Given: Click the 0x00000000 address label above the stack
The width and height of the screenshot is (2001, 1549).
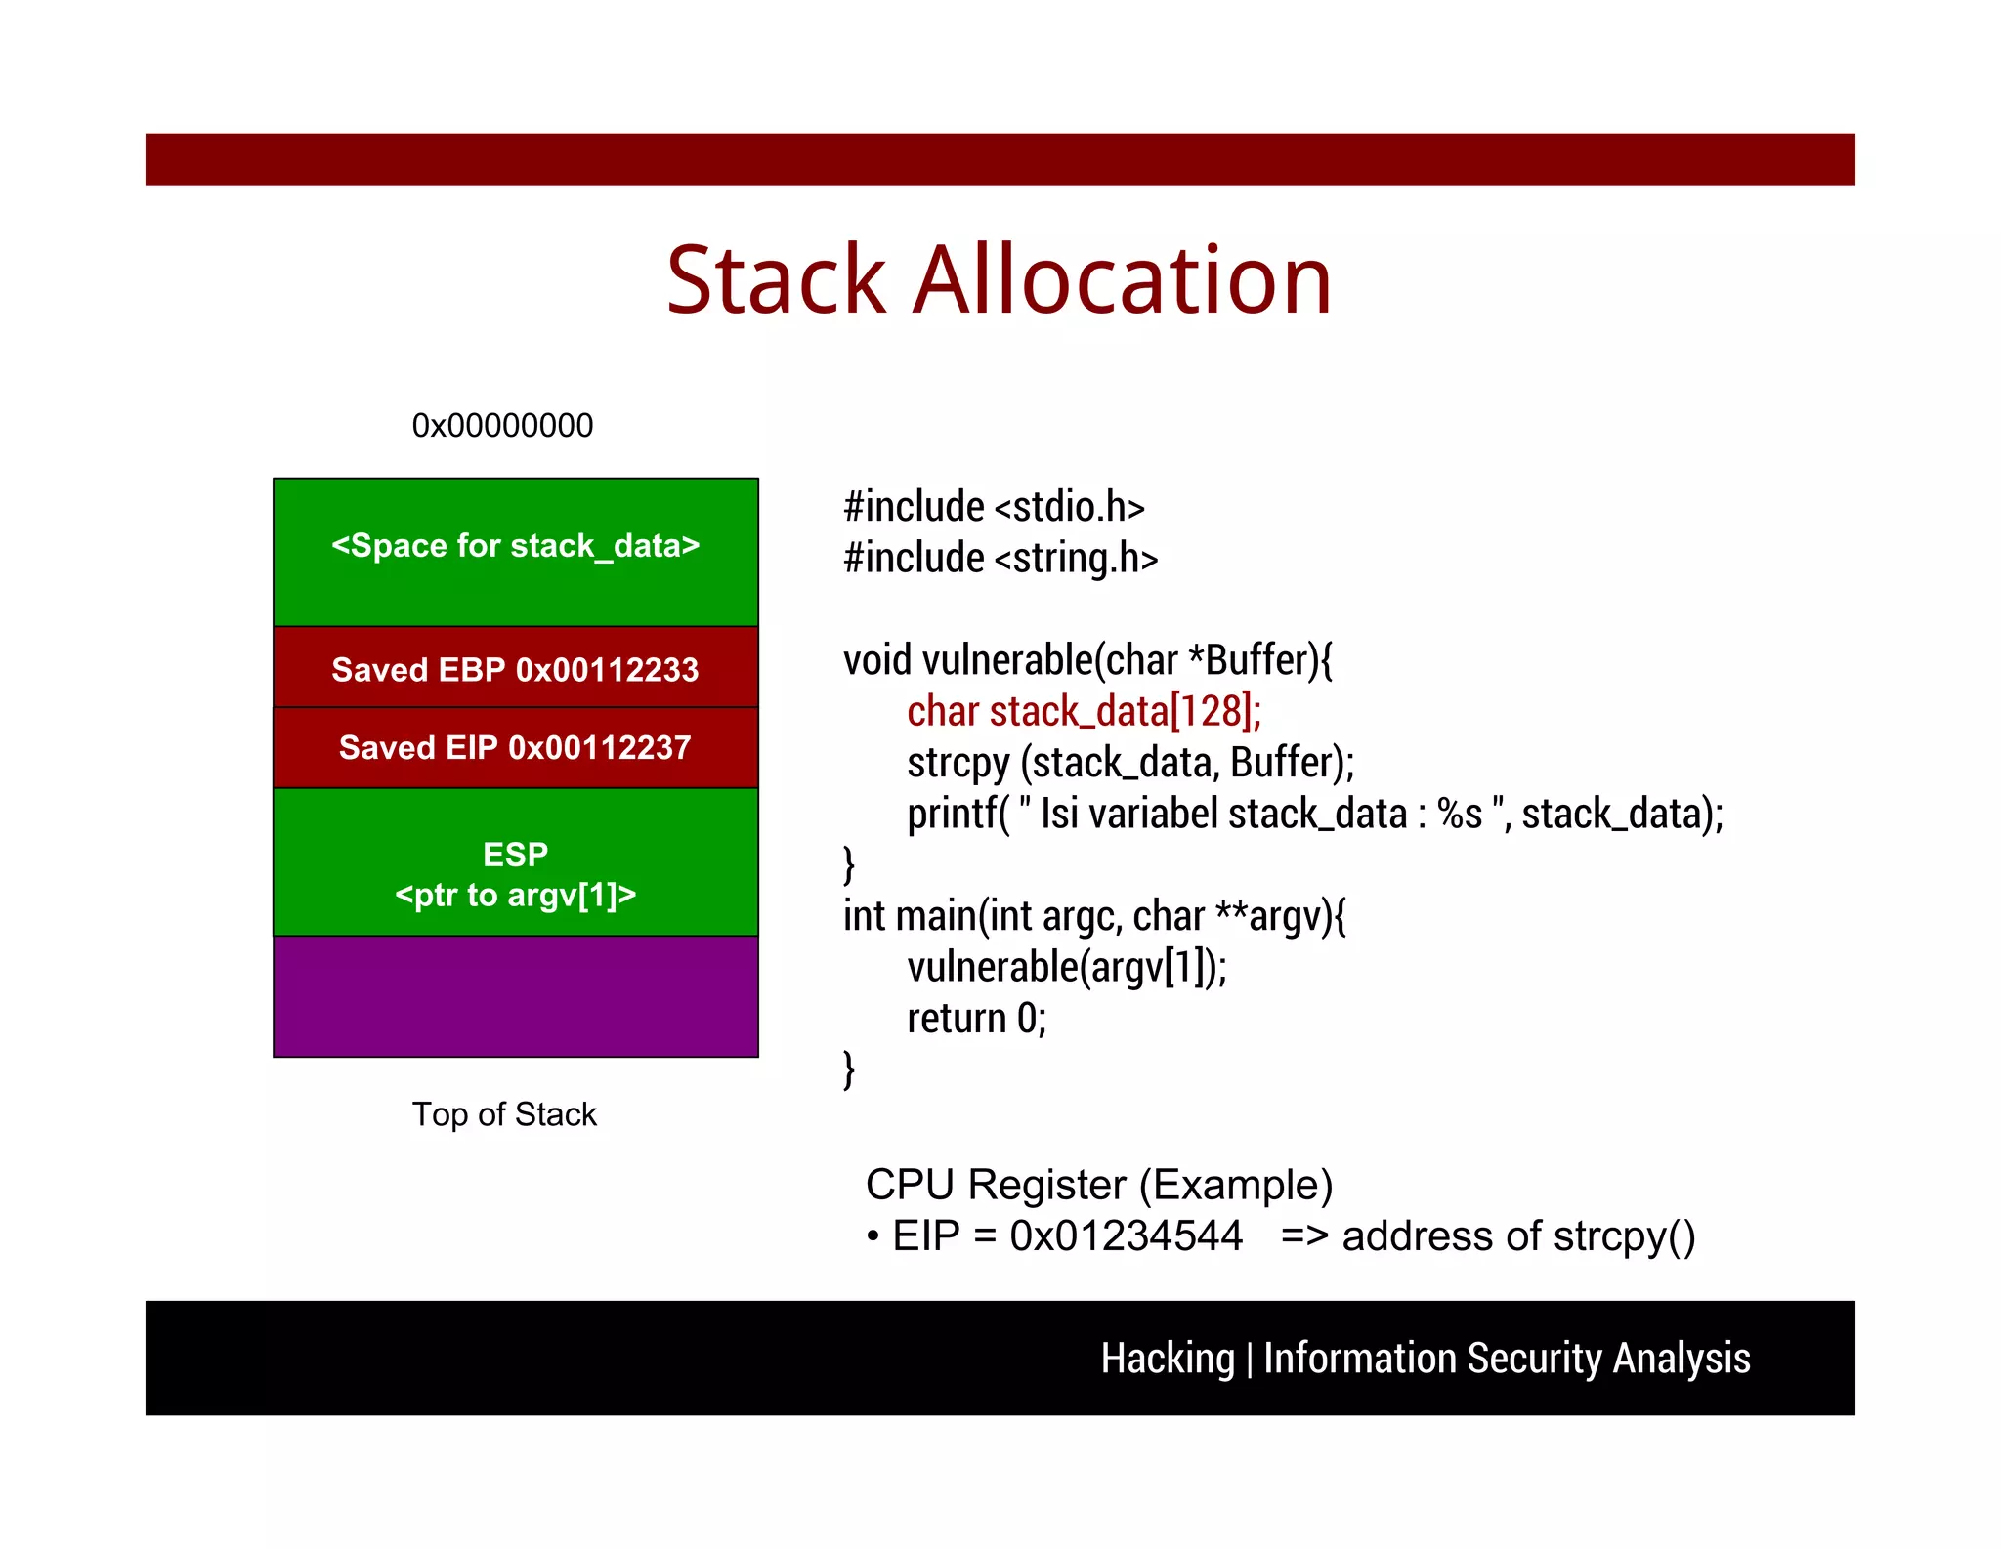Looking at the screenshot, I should click(502, 426).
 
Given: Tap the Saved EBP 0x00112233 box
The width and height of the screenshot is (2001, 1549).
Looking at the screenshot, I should click(516, 669).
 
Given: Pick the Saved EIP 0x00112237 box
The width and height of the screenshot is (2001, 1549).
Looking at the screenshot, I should click(516, 747).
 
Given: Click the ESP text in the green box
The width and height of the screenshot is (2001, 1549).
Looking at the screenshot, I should click(516, 855).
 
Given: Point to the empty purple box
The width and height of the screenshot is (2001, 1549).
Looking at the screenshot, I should click(516, 996).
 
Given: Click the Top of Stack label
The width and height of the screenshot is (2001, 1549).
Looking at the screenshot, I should click(504, 1114).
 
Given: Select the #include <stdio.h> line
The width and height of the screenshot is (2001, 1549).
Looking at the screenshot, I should click(994, 507).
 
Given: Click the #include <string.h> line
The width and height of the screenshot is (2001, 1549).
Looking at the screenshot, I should click(1000, 559).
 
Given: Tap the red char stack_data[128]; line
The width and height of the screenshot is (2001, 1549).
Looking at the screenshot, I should click(1084, 711).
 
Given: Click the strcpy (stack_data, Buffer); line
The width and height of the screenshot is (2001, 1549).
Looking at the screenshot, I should click(1130, 763).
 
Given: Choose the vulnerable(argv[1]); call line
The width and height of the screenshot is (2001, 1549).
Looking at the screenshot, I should click(1066, 968).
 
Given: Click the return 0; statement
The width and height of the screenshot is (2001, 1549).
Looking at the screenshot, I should click(976, 1019).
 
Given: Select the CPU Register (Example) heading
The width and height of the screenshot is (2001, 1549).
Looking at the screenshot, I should click(1099, 1185).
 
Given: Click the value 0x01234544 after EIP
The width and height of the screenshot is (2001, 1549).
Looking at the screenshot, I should click(1126, 1236).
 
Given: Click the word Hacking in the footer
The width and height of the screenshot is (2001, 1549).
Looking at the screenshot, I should click(1168, 1359).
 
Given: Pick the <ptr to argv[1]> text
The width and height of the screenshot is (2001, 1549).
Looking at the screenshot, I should click(516, 896).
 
